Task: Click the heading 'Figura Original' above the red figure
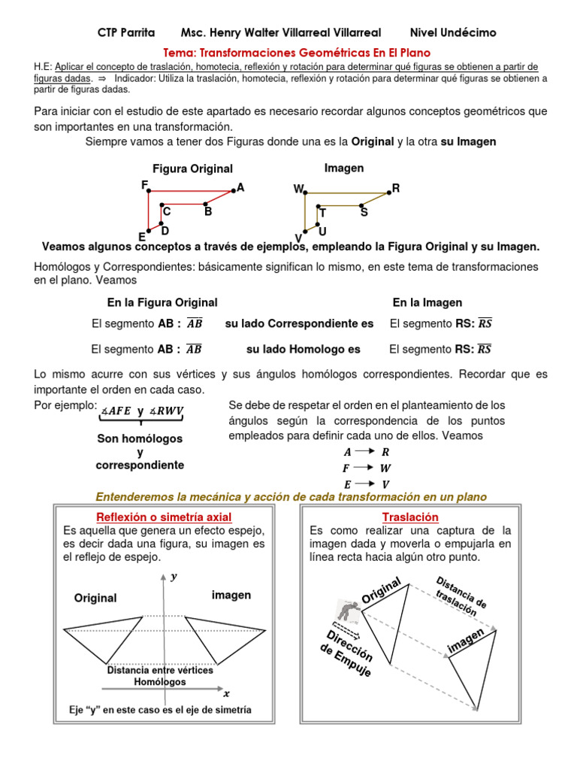(x=192, y=169)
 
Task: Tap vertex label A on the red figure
(x=240, y=187)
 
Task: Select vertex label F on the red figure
(x=143, y=184)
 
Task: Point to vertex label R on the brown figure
(x=396, y=189)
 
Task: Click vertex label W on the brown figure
(x=298, y=190)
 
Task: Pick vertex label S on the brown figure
(x=364, y=213)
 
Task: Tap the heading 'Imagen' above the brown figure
(x=344, y=168)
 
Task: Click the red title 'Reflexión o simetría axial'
(x=164, y=517)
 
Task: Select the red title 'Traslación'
(x=410, y=517)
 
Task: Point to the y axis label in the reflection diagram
(x=174, y=577)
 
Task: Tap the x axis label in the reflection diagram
(x=226, y=693)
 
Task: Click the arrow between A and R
(x=365, y=452)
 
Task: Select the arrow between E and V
(x=365, y=484)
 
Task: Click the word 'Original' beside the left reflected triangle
(x=95, y=599)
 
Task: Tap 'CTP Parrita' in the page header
(x=126, y=32)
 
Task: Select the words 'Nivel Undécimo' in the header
(x=453, y=32)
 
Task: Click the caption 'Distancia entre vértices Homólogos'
(x=160, y=676)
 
